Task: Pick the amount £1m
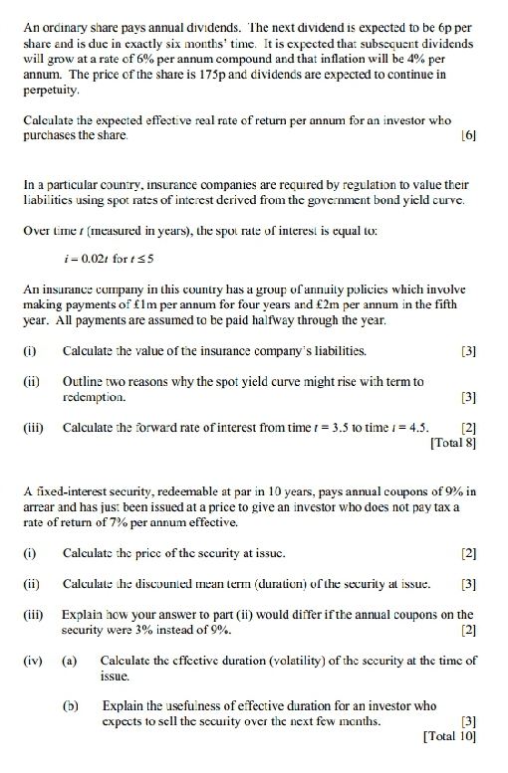pyautogui.click(x=168, y=305)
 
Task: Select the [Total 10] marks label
pyautogui.click(x=447, y=737)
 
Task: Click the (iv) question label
pyautogui.click(x=32, y=661)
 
